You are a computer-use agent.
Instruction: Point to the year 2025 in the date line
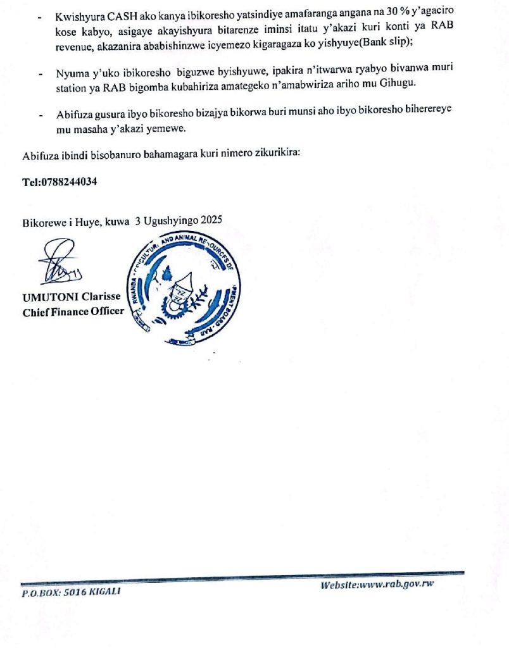coord(211,222)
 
